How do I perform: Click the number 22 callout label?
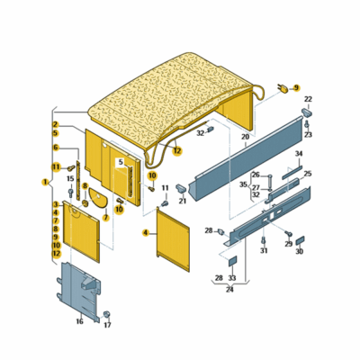click(x=308, y=99)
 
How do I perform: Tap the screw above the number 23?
click(x=307, y=124)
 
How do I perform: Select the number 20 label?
click(x=245, y=137)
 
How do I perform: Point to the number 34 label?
click(x=299, y=154)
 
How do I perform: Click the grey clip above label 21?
click(x=182, y=188)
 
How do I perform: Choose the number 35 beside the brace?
click(x=243, y=184)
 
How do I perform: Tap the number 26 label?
click(x=256, y=175)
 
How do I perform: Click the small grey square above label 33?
click(x=233, y=261)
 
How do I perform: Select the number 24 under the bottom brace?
click(x=229, y=290)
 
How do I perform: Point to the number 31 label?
click(x=264, y=251)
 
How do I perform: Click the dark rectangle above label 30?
click(x=300, y=240)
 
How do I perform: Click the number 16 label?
click(x=79, y=321)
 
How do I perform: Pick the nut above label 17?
click(x=106, y=314)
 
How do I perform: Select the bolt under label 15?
click(x=71, y=192)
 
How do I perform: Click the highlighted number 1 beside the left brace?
click(x=46, y=182)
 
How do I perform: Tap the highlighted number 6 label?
click(x=56, y=148)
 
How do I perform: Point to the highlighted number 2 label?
click(x=56, y=124)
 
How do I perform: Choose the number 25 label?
click(x=308, y=174)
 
